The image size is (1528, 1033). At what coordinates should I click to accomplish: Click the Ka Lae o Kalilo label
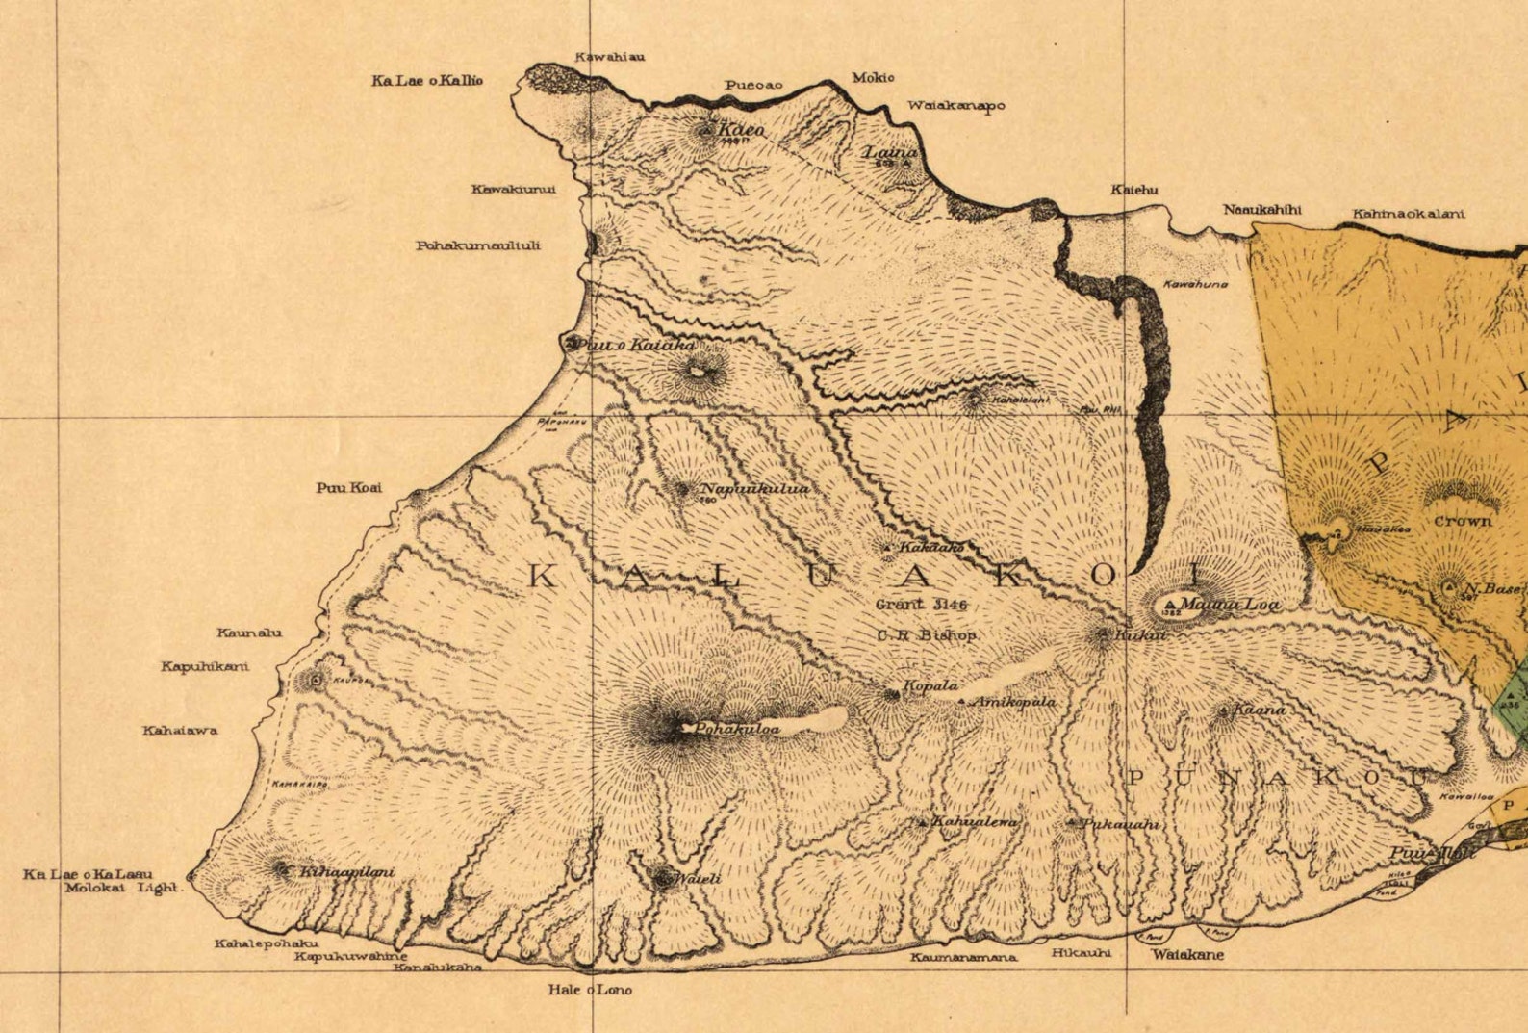pos(426,81)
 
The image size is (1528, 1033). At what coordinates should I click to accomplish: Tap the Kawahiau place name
pos(609,56)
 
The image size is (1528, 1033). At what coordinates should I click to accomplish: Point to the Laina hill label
pos(888,153)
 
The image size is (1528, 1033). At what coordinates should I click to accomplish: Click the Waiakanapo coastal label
pos(955,105)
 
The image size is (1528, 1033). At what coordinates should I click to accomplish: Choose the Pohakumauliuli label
pos(477,245)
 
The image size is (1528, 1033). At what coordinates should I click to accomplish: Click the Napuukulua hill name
pos(754,488)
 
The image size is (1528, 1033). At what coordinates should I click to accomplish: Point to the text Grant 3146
pos(921,605)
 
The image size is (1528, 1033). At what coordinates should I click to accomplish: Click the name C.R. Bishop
pos(926,635)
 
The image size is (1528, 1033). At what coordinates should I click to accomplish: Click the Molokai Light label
pos(122,888)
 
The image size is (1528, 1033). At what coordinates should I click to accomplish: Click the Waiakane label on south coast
pos(1187,955)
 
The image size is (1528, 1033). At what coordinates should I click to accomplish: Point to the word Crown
pos(1463,521)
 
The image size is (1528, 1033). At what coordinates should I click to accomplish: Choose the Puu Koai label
pos(348,487)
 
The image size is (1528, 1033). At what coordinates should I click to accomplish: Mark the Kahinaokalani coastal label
pos(1408,214)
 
